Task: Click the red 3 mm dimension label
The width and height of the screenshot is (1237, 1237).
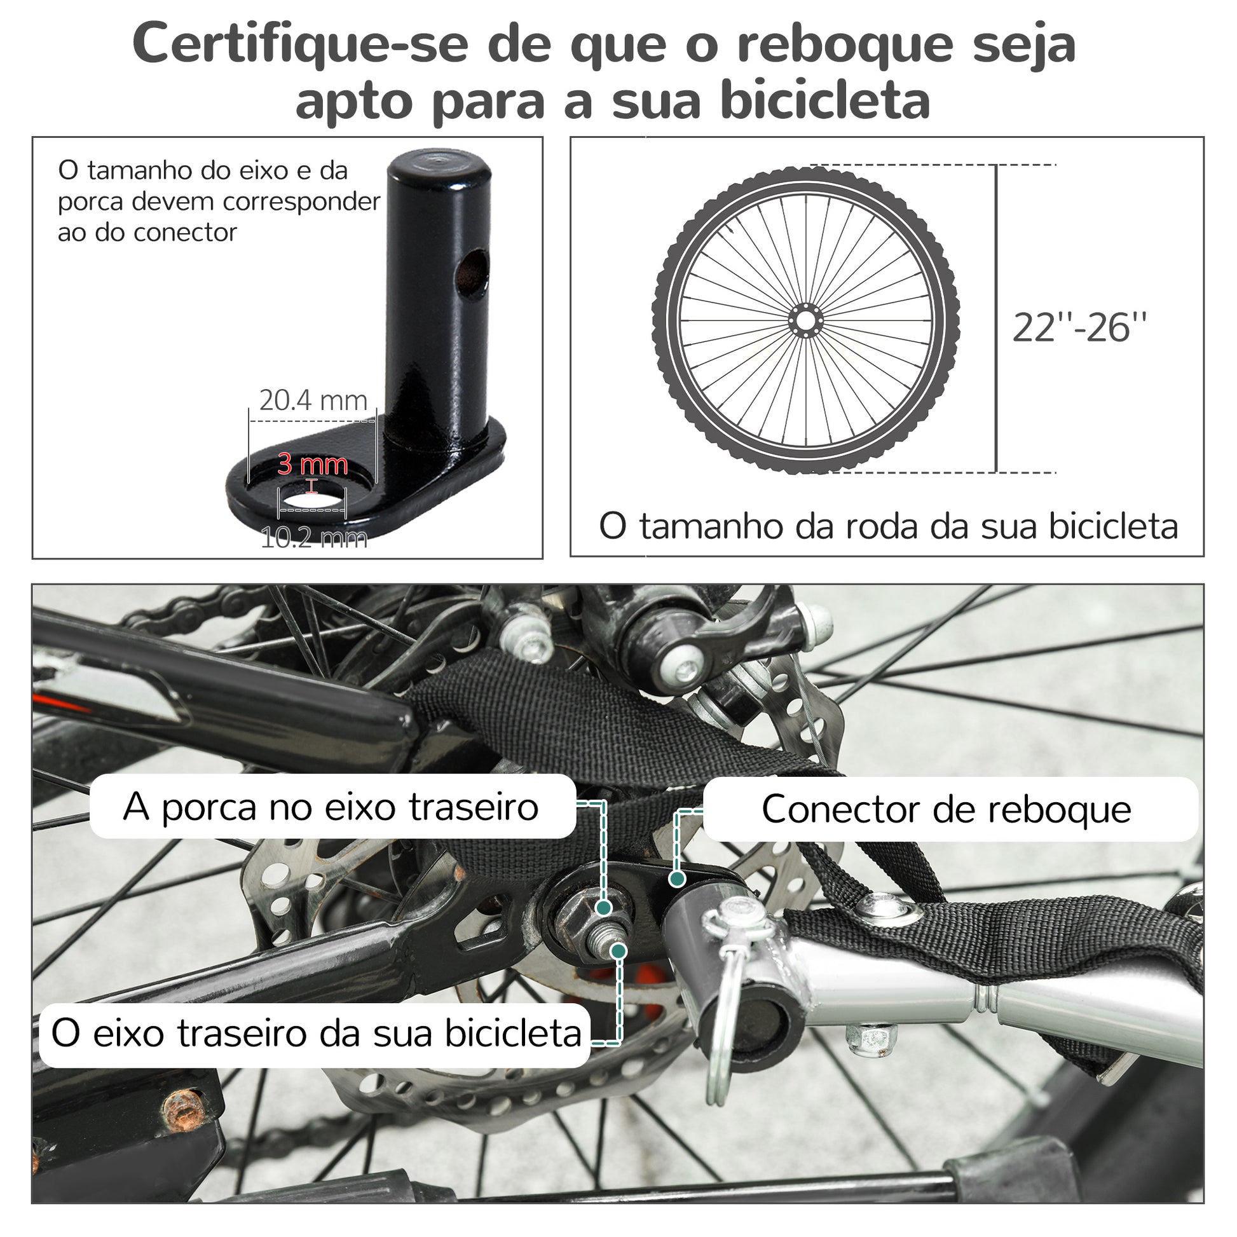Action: click(313, 464)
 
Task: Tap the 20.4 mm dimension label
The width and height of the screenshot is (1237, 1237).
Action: click(313, 400)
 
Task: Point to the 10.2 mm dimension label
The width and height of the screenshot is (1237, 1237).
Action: click(314, 537)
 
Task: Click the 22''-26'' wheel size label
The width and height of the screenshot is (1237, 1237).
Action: click(1079, 328)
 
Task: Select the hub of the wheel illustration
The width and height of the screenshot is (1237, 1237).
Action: click(805, 320)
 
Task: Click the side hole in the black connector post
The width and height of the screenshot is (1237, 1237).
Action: click(472, 274)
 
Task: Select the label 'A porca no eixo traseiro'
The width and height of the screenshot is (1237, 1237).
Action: click(331, 807)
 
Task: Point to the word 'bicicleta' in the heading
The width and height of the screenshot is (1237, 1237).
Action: click(825, 101)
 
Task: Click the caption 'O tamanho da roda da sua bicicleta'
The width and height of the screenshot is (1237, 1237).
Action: click(889, 526)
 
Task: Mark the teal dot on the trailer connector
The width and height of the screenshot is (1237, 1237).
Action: click(677, 879)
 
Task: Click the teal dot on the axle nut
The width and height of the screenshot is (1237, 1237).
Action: click(603, 907)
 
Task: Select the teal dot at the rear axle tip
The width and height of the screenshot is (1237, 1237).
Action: click(618, 951)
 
